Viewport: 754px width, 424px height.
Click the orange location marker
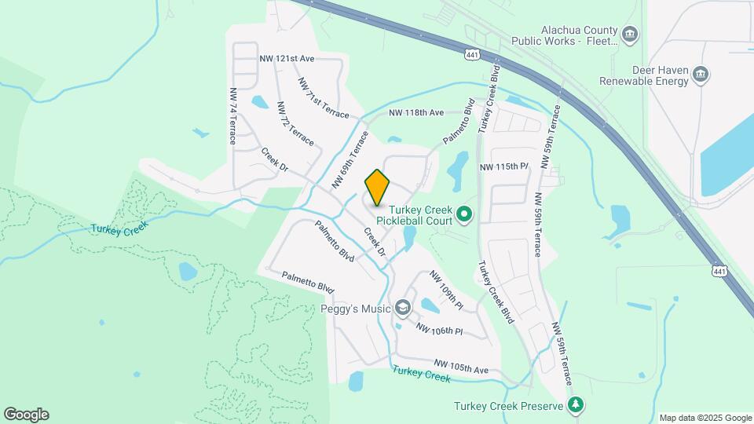point(378,187)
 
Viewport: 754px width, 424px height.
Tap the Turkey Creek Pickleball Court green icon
point(464,213)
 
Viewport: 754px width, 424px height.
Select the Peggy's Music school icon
point(403,308)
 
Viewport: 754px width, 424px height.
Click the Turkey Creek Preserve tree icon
point(576,405)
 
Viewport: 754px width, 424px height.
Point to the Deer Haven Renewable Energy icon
point(701,75)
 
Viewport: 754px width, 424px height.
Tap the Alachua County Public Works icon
point(629,35)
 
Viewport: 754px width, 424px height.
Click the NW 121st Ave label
point(287,59)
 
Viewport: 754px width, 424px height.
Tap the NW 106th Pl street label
point(439,330)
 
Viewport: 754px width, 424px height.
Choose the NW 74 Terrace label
point(233,115)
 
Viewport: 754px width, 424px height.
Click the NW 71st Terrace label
point(323,98)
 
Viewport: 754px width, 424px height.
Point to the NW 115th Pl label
point(504,167)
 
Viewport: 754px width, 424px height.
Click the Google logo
point(26,415)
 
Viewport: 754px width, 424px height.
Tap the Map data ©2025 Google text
point(705,418)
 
